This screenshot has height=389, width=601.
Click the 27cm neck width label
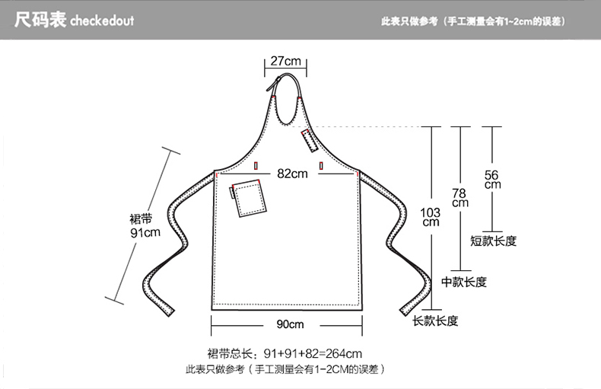point(285,61)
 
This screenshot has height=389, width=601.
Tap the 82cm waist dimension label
point(292,174)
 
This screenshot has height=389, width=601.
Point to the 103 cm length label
point(431,216)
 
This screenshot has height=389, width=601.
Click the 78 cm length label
point(460,198)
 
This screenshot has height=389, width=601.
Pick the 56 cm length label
point(492,179)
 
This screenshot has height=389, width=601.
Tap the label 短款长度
point(493,241)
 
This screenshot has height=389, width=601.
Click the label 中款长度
point(464,282)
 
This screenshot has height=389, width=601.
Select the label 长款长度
point(435,321)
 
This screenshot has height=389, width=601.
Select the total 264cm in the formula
point(344,353)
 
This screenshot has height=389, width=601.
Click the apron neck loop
point(287,99)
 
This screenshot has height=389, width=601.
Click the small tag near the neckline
point(308,140)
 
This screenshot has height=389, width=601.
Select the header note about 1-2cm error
point(473,21)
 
